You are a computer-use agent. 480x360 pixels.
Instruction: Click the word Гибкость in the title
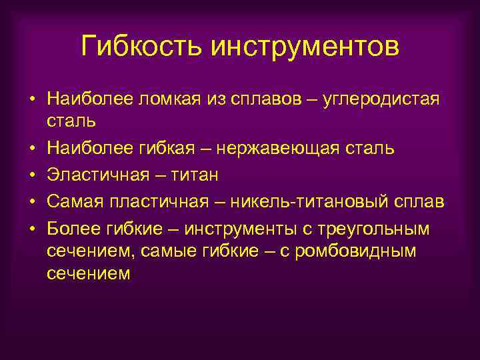(x=142, y=47)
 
